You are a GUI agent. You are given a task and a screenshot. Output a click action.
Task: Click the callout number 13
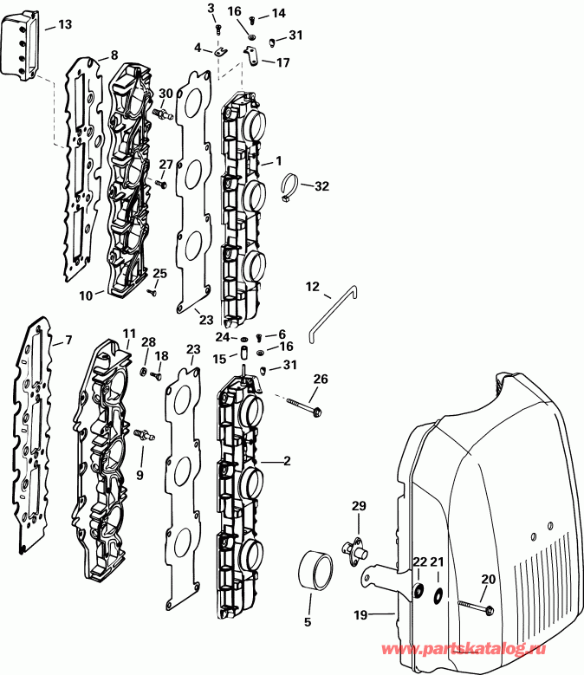pyautogui.click(x=66, y=26)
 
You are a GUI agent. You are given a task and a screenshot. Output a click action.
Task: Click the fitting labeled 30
pyautogui.click(x=160, y=113)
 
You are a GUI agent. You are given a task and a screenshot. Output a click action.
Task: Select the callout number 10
pyautogui.click(x=86, y=295)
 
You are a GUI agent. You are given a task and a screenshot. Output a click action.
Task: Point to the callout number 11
pyautogui.click(x=129, y=334)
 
